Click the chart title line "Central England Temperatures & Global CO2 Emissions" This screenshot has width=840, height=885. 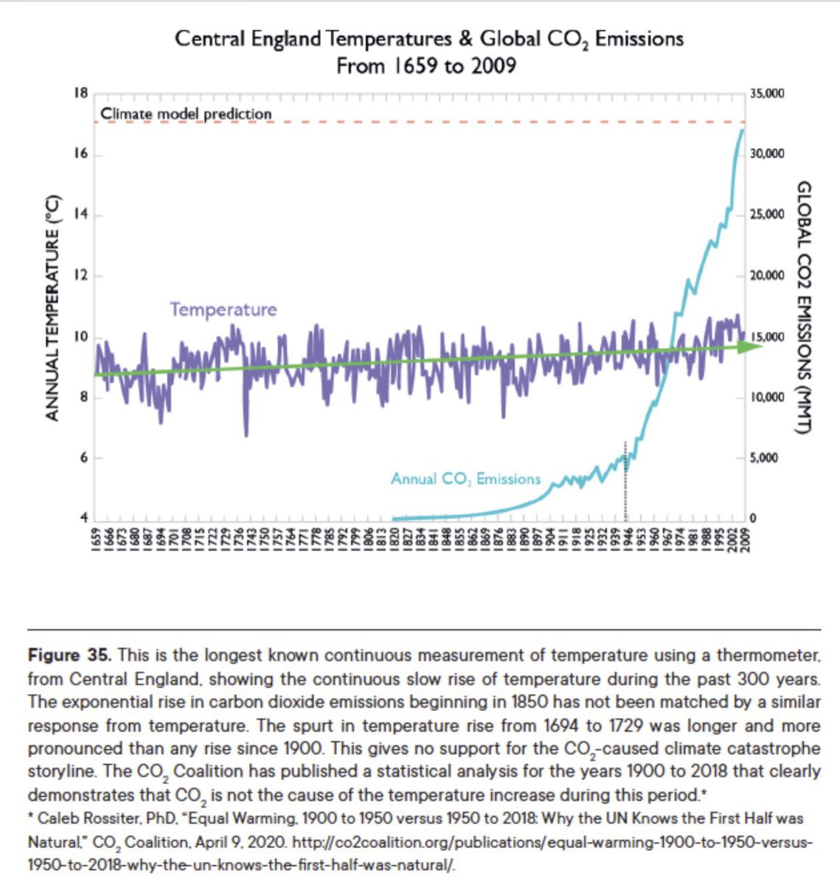[x=428, y=38]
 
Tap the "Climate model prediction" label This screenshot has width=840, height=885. [x=186, y=114]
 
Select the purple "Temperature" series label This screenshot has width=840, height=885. [x=223, y=309]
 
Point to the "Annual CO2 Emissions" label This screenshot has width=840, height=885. [x=465, y=479]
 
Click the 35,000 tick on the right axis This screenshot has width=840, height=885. [x=767, y=94]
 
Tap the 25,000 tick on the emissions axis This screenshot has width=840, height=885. [x=767, y=215]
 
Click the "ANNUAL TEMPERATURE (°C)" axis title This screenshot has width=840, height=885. [x=52, y=308]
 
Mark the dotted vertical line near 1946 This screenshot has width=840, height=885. [x=625, y=479]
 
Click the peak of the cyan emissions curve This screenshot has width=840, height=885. [x=742, y=130]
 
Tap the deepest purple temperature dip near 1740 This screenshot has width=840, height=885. [x=246, y=435]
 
